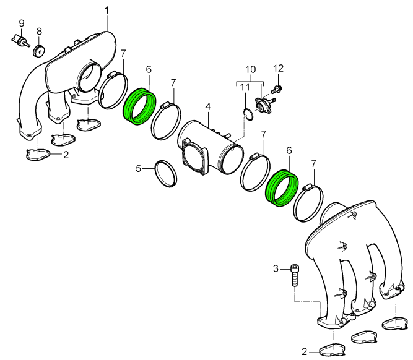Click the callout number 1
click(107, 11)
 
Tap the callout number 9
click(22, 23)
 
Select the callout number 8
click(39, 32)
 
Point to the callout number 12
click(279, 68)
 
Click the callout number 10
click(251, 69)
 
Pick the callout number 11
click(245, 87)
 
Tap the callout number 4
click(208, 107)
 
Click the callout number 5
click(139, 168)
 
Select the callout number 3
click(276, 269)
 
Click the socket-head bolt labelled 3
click(294, 275)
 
